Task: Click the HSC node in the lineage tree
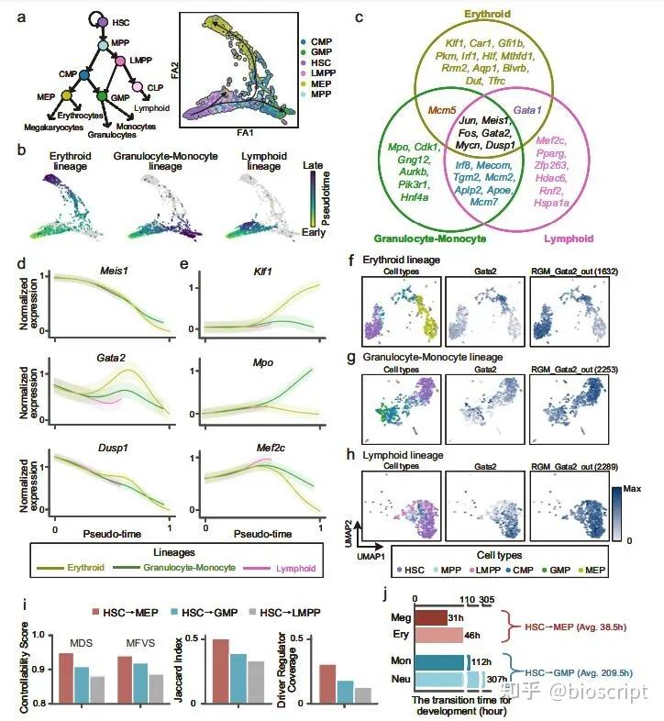click(103, 21)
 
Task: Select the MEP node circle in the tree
click(65, 95)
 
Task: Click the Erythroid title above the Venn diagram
click(488, 14)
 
